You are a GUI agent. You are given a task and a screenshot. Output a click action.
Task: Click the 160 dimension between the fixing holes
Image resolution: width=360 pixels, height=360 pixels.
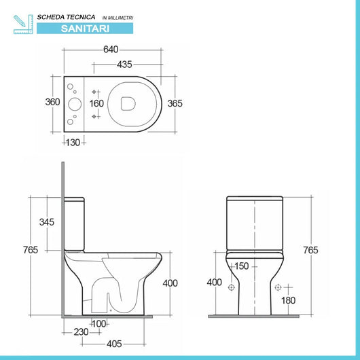tap(97, 104)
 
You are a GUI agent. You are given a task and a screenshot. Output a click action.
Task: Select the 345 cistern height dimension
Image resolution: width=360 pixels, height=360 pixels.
tap(47, 222)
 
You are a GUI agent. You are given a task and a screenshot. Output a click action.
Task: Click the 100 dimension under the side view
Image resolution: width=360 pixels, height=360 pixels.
tap(100, 323)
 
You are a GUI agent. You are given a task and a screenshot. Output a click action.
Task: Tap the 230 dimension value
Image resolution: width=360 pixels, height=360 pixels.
tap(82, 333)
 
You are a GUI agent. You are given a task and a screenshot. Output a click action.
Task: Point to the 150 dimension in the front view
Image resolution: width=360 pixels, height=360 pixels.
tap(241, 266)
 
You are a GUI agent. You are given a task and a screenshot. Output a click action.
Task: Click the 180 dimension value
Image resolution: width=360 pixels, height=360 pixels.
tap(288, 300)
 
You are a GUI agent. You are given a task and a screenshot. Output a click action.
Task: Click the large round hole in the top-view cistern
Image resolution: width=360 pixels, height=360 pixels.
tap(74, 104)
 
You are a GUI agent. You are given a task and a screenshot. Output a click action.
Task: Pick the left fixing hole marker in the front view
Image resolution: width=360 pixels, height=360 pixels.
tap(231, 287)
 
